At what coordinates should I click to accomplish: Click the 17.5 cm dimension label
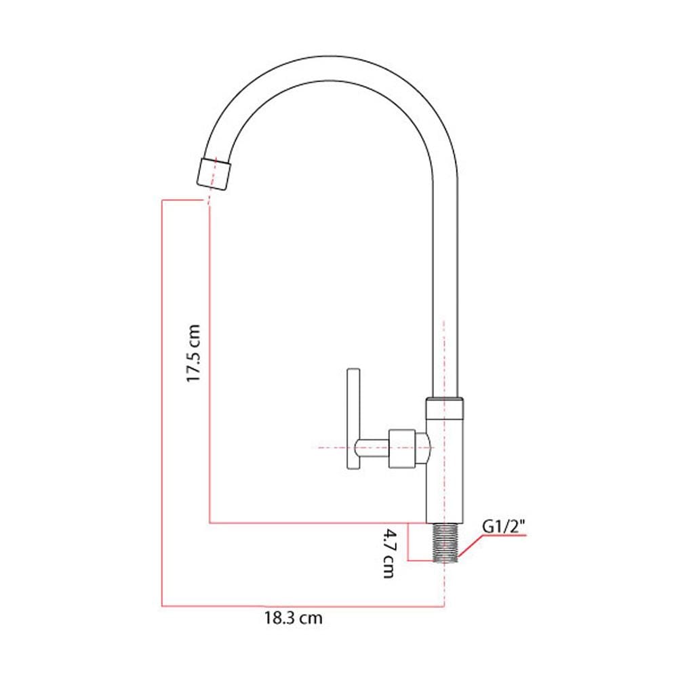193,353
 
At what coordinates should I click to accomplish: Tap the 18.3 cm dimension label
294,618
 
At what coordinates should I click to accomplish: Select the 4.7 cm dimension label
388,553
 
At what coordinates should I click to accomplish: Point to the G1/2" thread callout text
504,527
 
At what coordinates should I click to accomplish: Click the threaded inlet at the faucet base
445,543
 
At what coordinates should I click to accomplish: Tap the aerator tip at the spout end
214,174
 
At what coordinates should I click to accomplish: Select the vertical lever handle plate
354,418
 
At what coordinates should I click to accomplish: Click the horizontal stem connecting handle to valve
372,448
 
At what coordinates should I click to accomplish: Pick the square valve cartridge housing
401,448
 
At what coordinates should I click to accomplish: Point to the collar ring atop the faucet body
445,408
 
